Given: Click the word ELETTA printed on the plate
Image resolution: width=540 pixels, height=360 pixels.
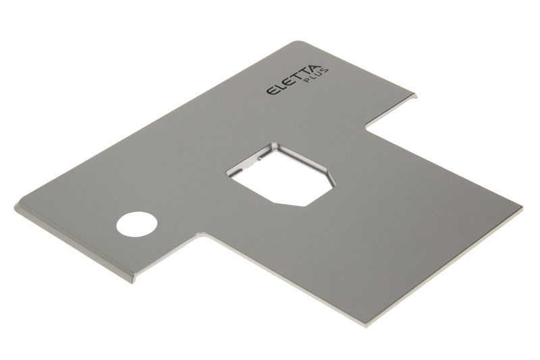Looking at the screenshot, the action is click(x=294, y=80).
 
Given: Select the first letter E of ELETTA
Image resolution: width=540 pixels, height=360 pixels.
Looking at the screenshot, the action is click(x=273, y=91).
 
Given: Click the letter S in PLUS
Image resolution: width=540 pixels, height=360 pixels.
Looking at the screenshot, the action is click(x=325, y=71).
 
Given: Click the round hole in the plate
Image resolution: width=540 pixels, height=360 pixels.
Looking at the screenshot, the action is click(x=137, y=224).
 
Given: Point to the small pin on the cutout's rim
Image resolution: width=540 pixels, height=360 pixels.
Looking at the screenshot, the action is click(x=259, y=159).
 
